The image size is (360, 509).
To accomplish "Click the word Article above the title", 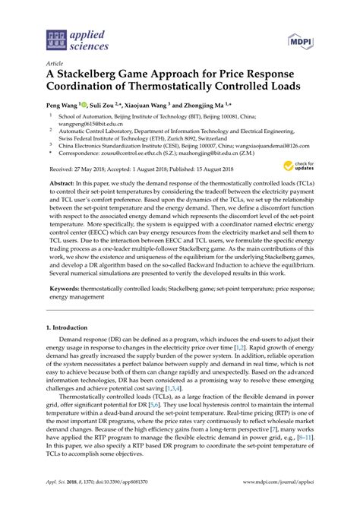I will tap(55, 65).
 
